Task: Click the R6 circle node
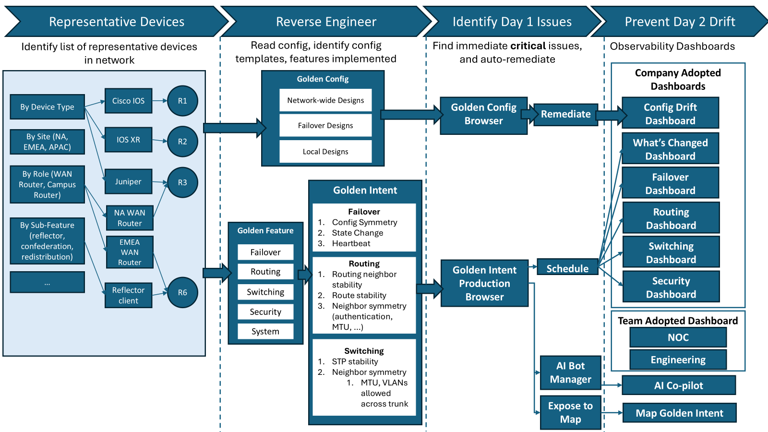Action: (x=182, y=292)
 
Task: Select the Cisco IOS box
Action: (x=128, y=101)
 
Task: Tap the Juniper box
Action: (x=128, y=181)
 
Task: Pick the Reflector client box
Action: (x=128, y=295)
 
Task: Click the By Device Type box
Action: (x=47, y=107)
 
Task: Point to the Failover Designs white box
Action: (x=325, y=125)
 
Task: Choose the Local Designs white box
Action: (x=325, y=151)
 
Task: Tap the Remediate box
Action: (x=565, y=114)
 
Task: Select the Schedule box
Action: (x=567, y=268)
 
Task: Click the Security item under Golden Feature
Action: (x=265, y=312)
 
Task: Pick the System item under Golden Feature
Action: (x=265, y=331)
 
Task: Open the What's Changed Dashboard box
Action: (x=670, y=149)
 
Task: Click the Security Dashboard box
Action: (x=671, y=287)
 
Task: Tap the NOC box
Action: (x=678, y=337)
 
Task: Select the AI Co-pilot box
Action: (x=678, y=385)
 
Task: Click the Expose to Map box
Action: (x=570, y=412)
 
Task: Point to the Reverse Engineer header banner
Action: (x=326, y=22)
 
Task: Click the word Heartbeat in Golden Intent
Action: (x=351, y=243)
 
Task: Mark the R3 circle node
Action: (x=182, y=182)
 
